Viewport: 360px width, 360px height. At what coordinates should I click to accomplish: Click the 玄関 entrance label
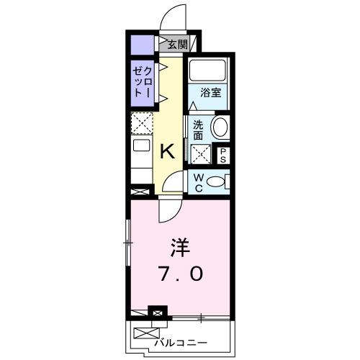tap(177, 44)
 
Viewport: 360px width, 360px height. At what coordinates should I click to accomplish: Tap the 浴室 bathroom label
tap(210, 92)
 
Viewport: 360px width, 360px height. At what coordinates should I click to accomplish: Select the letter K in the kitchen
tap(166, 151)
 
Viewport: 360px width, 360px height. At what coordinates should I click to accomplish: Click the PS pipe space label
tap(223, 155)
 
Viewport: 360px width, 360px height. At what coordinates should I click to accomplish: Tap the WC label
tap(197, 181)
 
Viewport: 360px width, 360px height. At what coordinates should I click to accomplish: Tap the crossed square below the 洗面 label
tap(199, 153)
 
